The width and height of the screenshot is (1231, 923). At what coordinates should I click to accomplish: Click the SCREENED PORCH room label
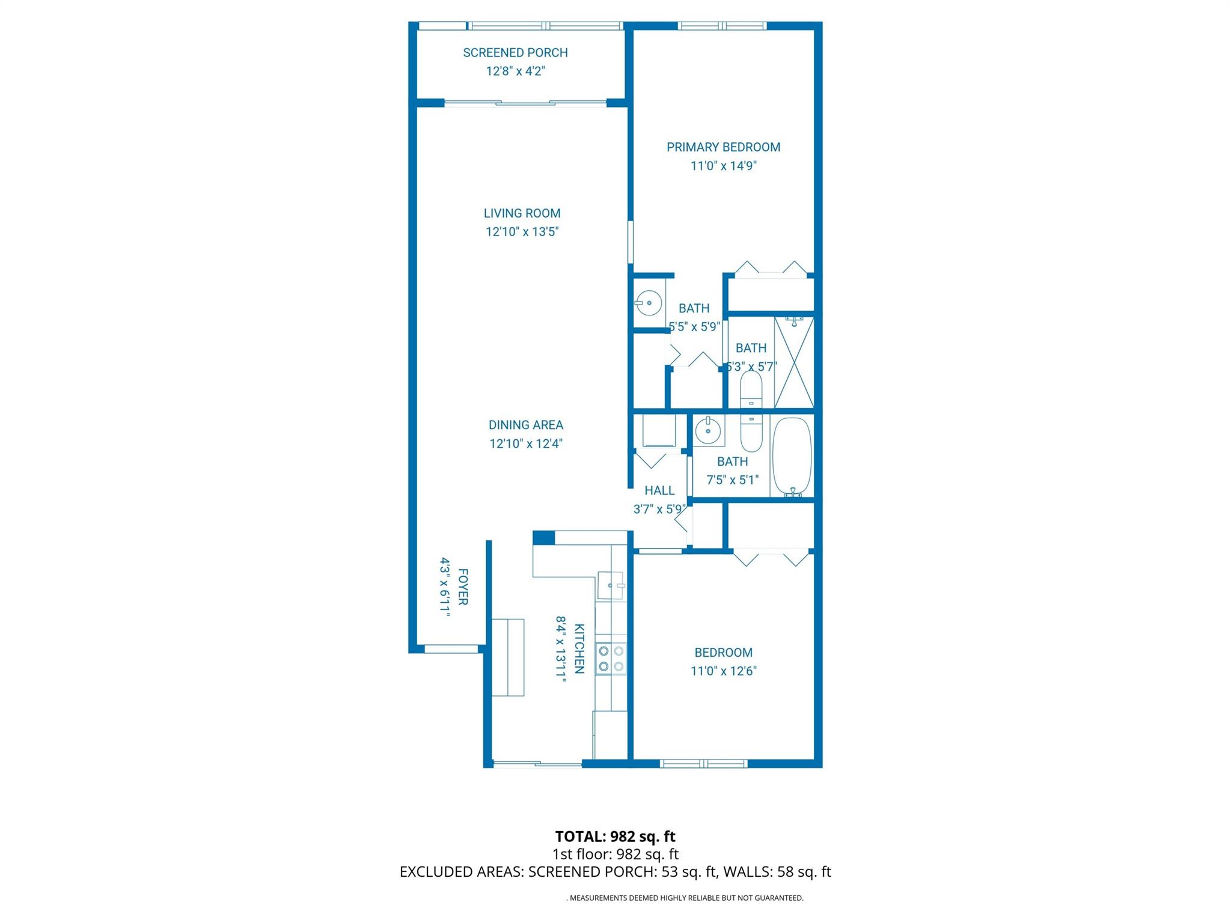click(x=515, y=53)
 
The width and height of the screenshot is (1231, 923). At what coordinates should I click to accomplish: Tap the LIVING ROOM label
click(x=522, y=213)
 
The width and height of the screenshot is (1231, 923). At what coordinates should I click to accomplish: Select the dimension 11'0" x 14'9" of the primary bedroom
click(x=723, y=166)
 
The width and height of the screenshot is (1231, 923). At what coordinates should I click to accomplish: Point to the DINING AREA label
click(x=525, y=425)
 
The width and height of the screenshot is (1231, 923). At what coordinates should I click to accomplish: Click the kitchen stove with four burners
click(x=611, y=659)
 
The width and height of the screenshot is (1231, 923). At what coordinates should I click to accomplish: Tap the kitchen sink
click(x=611, y=585)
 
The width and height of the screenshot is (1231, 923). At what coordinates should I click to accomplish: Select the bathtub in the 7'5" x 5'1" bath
click(x=792, y=456)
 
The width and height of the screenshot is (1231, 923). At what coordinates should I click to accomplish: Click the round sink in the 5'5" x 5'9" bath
click(x=649, y=302)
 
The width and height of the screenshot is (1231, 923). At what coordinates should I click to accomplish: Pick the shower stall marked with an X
click(x=794, y=362)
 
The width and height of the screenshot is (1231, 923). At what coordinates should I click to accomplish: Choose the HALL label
click(x=659, y=491)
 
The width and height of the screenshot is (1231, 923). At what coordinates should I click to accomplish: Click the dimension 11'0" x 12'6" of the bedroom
click(x=723, y=671)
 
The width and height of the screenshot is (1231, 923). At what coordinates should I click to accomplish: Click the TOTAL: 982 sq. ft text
click(x=615, y=836)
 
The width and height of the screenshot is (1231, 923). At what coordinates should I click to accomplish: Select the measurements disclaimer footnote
click(x=685, y=898)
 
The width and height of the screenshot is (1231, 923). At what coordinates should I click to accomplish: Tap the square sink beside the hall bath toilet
click(x=709, y=430)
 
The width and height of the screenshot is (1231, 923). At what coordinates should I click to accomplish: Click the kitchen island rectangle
click(x=508, y=657)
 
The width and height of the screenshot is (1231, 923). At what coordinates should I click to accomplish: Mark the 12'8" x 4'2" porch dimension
click(x=515, y=72)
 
